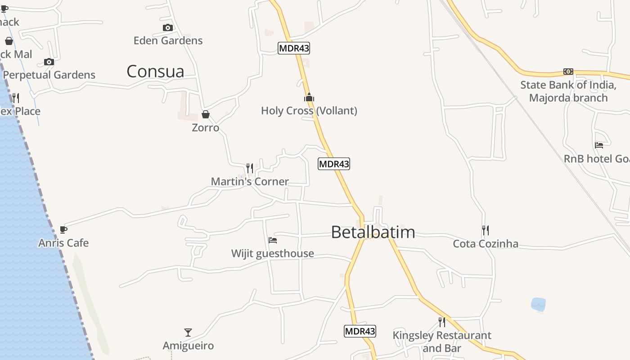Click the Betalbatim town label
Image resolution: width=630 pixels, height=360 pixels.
tap(373, 232)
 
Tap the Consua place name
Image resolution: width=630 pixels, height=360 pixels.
tap(155, 72)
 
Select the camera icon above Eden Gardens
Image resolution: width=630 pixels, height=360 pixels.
tap(168, 28)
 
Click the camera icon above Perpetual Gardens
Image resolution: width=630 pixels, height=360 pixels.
tap(49, 62)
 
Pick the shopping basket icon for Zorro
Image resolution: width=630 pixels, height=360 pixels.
tap(206, 114)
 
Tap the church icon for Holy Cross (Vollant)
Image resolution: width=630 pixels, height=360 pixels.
tap(309, 97)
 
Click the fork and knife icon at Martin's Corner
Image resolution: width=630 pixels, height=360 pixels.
tap(250, 168)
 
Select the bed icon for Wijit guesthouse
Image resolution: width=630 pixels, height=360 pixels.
tap(273, 240)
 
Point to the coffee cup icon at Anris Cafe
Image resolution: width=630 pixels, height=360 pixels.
tap(63, 230)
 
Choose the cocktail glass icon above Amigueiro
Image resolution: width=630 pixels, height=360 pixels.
tap(188, 333)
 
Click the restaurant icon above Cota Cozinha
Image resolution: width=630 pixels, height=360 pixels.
tap(486, 230)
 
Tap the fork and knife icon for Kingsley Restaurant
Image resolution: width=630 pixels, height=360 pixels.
tap(442, 322)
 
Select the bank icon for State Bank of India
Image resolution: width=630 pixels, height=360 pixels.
tap(568, 72)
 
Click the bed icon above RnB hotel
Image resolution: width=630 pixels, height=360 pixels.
tap(599, 145)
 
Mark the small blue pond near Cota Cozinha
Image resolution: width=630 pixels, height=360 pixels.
tap(538, 304)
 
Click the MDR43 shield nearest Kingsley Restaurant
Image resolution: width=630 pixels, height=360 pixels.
tap(360, 331)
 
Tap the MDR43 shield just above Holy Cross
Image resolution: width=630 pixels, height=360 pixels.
tap(294, 48)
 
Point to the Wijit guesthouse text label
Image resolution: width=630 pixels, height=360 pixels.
tap(273, 253)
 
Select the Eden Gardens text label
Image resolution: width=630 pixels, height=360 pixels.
tap(168, 40)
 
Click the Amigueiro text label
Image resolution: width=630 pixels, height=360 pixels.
tap(188, 346)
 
